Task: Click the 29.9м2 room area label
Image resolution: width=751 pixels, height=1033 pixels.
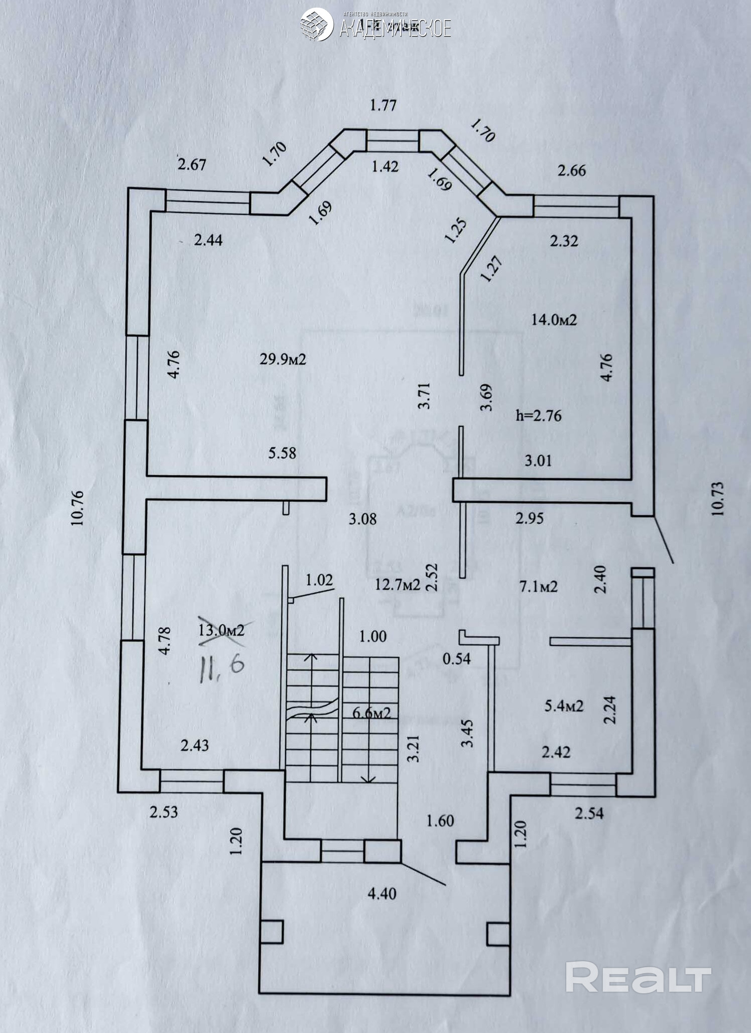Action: (283, 359)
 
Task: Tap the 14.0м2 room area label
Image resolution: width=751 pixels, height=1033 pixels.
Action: (554, 319)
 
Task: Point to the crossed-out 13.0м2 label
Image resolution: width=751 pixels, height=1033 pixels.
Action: (221, 630)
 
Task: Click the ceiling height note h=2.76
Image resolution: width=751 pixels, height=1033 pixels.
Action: (538, 416)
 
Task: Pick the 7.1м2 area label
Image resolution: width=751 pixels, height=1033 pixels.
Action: (538, 586)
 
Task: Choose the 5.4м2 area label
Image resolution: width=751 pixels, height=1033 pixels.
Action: (564, 706)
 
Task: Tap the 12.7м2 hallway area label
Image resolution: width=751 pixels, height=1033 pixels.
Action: (397, 584)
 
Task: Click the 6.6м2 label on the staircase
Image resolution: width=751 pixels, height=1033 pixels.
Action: (371, 713)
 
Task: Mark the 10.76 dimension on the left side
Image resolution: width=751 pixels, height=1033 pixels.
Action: (77, 508)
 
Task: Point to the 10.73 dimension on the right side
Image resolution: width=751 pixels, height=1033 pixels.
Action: (718, 499)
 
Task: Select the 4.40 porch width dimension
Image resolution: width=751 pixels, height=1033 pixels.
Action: (382, 894)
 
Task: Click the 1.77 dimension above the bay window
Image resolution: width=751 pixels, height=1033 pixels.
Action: (383, 105)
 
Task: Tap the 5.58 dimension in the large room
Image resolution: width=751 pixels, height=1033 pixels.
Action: (282, 453)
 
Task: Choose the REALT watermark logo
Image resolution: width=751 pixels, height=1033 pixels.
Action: (638, 977)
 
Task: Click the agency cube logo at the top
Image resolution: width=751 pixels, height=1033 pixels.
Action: (316, 24)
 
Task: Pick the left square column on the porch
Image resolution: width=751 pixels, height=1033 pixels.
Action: (272, 932)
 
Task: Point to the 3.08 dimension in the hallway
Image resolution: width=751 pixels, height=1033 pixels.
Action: (362, 519)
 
